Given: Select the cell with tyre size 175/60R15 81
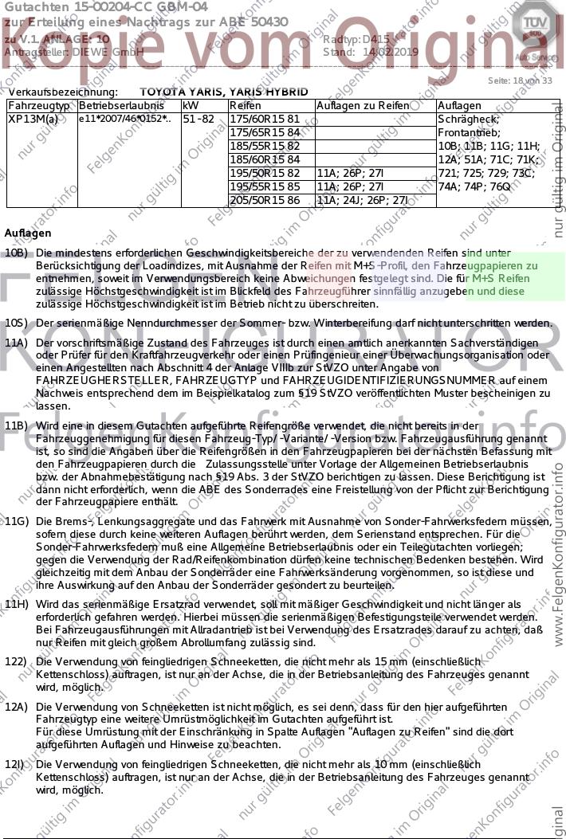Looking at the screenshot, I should point(254,120).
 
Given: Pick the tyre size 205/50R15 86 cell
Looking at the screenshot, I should point(254,200).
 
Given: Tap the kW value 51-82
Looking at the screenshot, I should point(198,120).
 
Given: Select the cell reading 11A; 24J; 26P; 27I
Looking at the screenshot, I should point(362,200).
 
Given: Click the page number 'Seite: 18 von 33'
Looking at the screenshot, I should point(519,80).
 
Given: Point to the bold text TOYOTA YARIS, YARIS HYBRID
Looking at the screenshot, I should point(223,92).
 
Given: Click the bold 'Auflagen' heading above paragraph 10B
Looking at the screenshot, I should point(27,234).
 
